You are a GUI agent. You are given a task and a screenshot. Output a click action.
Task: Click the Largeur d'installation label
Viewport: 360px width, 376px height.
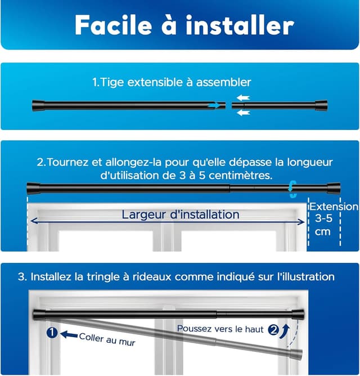180,214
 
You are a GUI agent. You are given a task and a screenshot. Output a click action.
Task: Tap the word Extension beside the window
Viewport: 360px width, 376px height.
334,207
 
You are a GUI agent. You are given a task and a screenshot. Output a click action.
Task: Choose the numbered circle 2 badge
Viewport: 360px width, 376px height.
273,331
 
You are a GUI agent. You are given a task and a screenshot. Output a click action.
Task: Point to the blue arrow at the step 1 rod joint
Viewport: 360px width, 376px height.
214,105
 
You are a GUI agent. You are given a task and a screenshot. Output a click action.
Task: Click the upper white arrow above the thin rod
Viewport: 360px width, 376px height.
242,97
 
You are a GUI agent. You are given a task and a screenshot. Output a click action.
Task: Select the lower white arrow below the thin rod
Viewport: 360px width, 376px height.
242,113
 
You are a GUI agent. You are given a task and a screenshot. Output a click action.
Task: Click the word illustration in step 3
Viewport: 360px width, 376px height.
308,277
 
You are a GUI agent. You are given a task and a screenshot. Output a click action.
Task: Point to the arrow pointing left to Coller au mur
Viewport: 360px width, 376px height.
69,334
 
